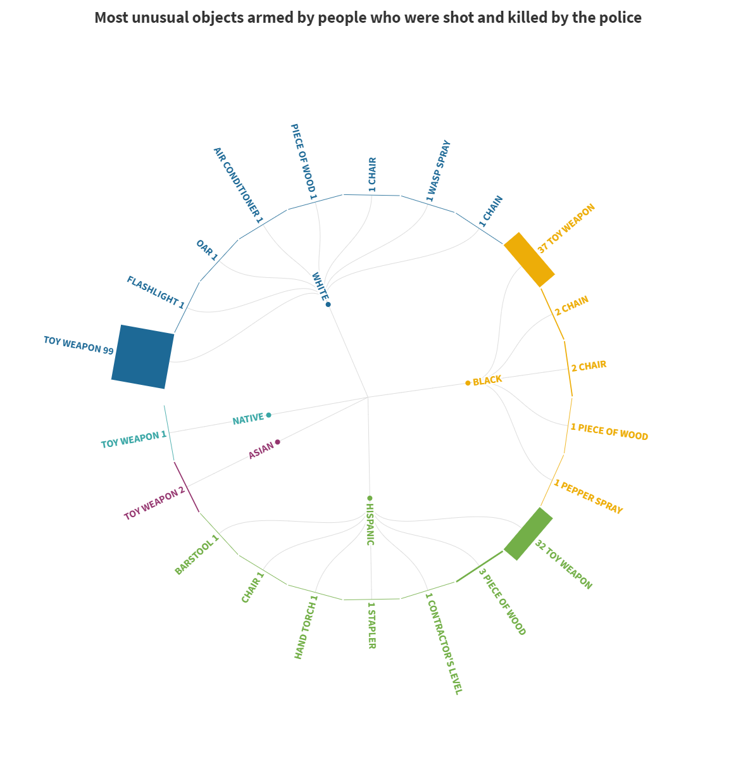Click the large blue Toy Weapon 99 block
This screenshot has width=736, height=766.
[x=142, y=356]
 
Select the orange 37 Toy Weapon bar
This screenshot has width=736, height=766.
[x=529, y=260]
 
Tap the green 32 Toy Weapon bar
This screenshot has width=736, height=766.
[x=528, y=534]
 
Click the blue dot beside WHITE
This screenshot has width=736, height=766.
[x=328, y=305]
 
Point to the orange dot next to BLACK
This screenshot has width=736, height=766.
[x=468, y=383]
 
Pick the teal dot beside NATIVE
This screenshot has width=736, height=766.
[x=269, y=415]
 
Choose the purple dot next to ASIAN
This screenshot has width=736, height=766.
[x=278, y=442]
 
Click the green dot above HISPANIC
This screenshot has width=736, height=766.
[x=370, y=498]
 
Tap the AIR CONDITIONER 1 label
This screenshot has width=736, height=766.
[x=238, y=185]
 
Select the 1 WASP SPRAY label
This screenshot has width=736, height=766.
[x=438, y=171]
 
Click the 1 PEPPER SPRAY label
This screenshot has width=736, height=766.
[x=589, y=497]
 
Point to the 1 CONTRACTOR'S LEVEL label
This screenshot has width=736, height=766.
[x=444, y=643]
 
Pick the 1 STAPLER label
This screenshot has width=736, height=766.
[x=371, y=625]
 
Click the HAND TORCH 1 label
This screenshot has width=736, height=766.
[x=306, y=627]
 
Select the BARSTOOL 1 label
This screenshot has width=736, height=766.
[x=197, y=555]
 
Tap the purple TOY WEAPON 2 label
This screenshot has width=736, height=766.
[x=154, y=503]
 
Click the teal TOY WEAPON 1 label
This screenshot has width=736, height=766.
[x=134, y=439]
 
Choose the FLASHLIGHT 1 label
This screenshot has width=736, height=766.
[x=156, y=292]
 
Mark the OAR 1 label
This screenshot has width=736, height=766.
[x=207, y=250]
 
